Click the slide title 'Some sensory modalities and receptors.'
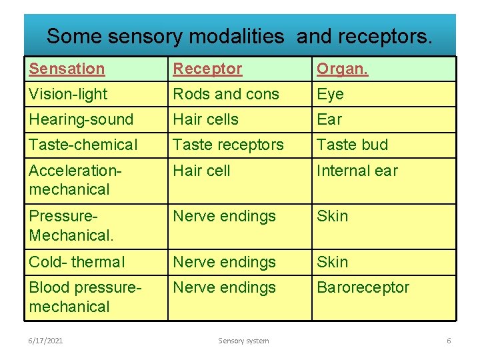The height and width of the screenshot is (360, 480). pyautogui.click(x=239, y=36)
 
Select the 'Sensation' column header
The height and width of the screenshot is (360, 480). pyautogui.click(x=67, y=69)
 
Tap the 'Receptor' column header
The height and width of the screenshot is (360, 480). pyautogui.click(x=207, y=69)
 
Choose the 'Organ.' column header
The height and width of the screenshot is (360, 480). pyautogui.click(x=342, y=69)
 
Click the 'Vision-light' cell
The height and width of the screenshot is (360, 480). pyautogui.click(x=68, y=94)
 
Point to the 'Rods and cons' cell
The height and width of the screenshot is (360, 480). pyautogui.click(x=226, y=94)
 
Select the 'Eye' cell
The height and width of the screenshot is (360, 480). pyautogui.click(x=330, y=94)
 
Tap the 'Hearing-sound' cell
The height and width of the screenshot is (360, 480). pyautogui.click(x=81, y=119)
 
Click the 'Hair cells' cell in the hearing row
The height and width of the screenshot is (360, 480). pyautogui.click(x=205, y=119)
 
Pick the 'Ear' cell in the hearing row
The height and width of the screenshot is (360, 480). pyautogui.click(x=329, y=119)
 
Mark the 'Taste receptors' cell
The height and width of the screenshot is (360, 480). pyautogui.click(x=228, y=145)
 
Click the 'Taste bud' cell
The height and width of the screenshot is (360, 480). pyautogui.click(x=352, y=145)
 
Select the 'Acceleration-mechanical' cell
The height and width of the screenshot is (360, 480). pyautogui.click(x=75, y=180)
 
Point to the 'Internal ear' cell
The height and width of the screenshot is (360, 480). pyautogui.click(x=357, y=171)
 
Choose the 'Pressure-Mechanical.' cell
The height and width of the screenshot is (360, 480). pyautogui.click(x=71, y=226)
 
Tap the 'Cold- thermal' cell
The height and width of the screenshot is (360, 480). pyautogui.click(x=77, y=262)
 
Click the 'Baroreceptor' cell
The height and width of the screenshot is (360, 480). pyautogui.click(x=363, y=287)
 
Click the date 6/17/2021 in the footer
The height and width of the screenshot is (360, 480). pyautogui.click(x=46, y=341)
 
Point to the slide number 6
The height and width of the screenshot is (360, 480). pyautogui.click(x=449, y=341)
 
